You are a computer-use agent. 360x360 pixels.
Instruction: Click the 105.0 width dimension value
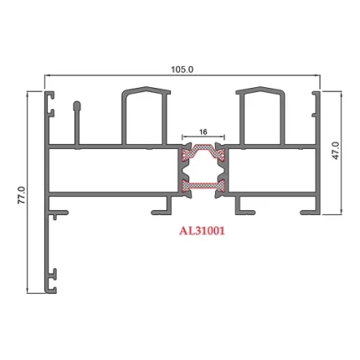tap(182, 69)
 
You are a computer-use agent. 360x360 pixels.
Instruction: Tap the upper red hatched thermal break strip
tap(201, 153)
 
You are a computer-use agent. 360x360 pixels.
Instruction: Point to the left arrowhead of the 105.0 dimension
tap(47, 76)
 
